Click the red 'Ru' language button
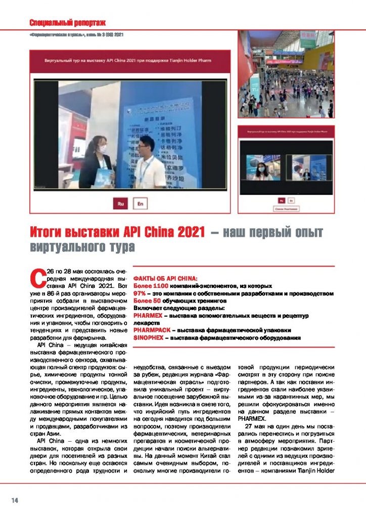[120, 203]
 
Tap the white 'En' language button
[140, 203]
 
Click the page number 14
[15, 500]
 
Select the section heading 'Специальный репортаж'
[67, 23]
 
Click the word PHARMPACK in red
[150, 329]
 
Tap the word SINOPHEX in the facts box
[148, 337]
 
